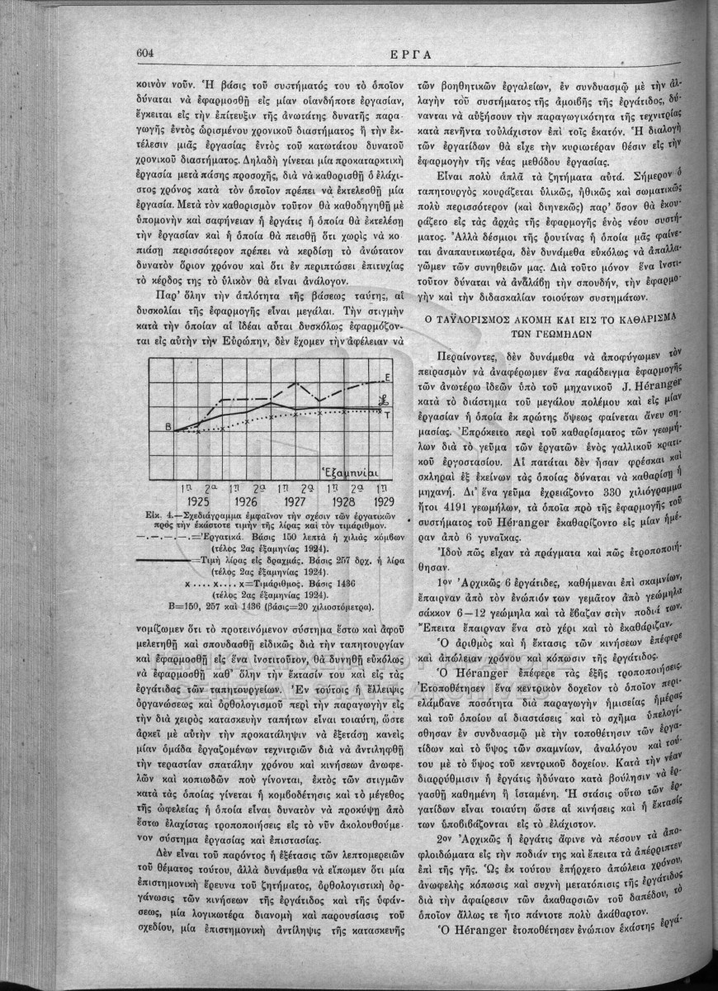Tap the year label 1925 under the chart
[201, 500]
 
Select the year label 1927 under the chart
[295, 500]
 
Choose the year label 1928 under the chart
[342, 500]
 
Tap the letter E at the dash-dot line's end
[388, 377]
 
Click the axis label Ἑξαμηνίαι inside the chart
[351, 474]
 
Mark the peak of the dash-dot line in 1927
[296, 382]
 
